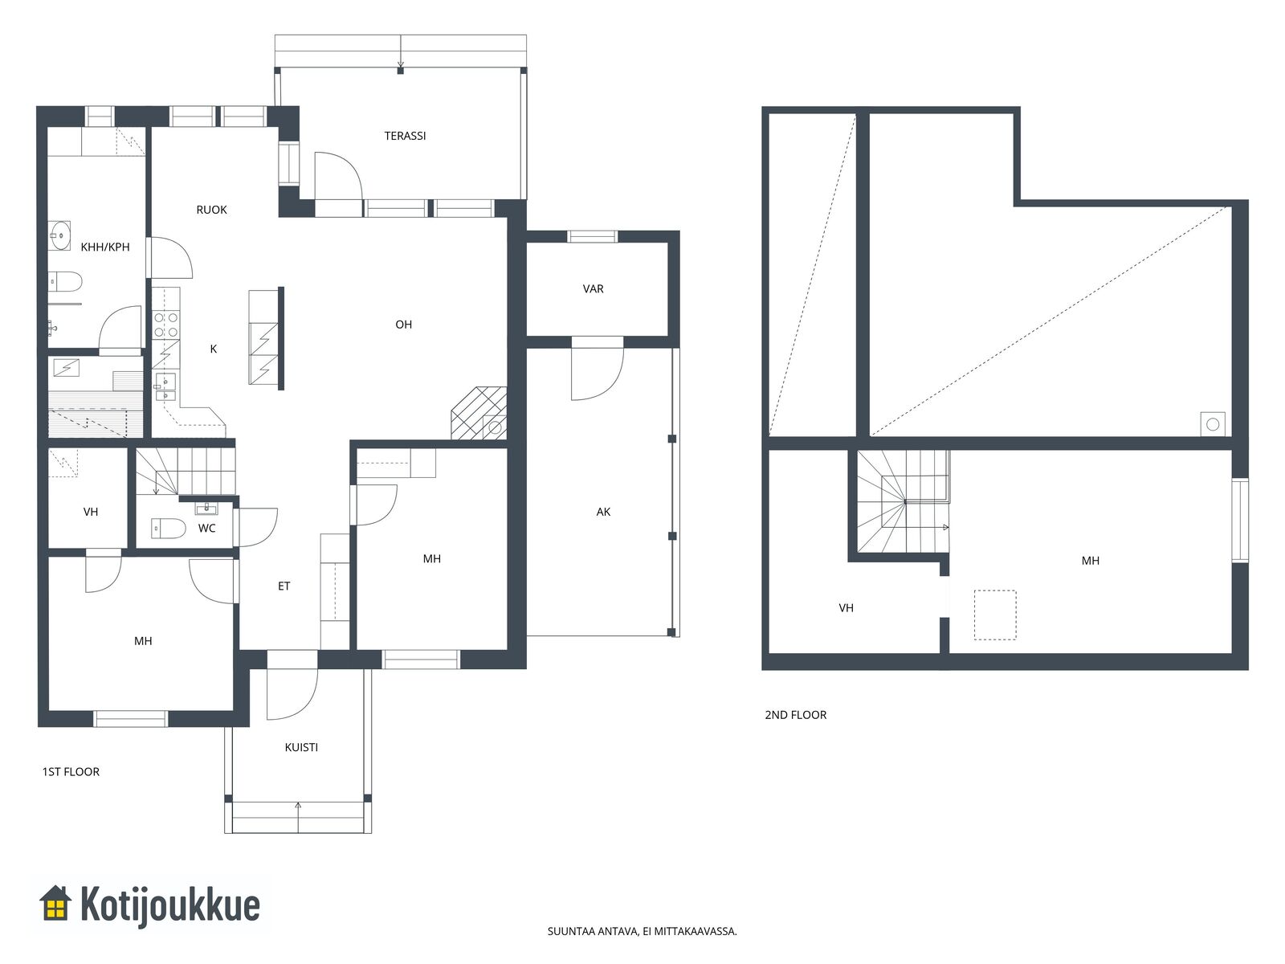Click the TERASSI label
[405, 136]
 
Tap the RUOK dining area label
[211, 210]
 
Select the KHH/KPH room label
[104, 247]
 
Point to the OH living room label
[403, 325]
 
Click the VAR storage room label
[593, 288]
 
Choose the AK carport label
[603, 513]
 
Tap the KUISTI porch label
[301, 747]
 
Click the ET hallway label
[284, 586]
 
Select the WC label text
[206, 529]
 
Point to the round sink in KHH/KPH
[59, 235]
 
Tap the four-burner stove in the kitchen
[165, 325]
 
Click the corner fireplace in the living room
[479, 413]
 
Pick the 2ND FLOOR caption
[796, 715]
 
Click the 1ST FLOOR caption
[71, 771]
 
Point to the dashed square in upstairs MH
[994, 615]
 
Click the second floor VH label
[846, 608]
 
